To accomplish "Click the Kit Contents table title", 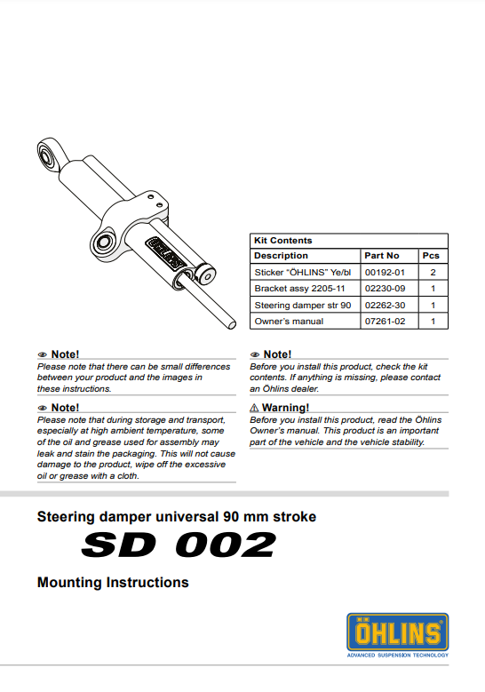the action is coord(283,241).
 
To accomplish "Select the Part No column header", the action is coord(382,256).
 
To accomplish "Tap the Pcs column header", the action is coord(432,256).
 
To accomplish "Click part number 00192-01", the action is coord(385,273).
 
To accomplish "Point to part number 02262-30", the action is coord(385,305).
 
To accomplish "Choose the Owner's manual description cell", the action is coord(289,321).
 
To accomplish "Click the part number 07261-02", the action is coord(385,321).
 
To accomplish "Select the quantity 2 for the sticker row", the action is coord(433,273).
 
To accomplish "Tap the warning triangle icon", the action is coord(254,408).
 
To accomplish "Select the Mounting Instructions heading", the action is coord(113,583).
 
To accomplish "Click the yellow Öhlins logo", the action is coord(397,632).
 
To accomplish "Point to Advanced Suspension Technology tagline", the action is coord(397,656).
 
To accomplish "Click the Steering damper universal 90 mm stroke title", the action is coord(176,516).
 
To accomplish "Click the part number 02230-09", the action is coord(385,289).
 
